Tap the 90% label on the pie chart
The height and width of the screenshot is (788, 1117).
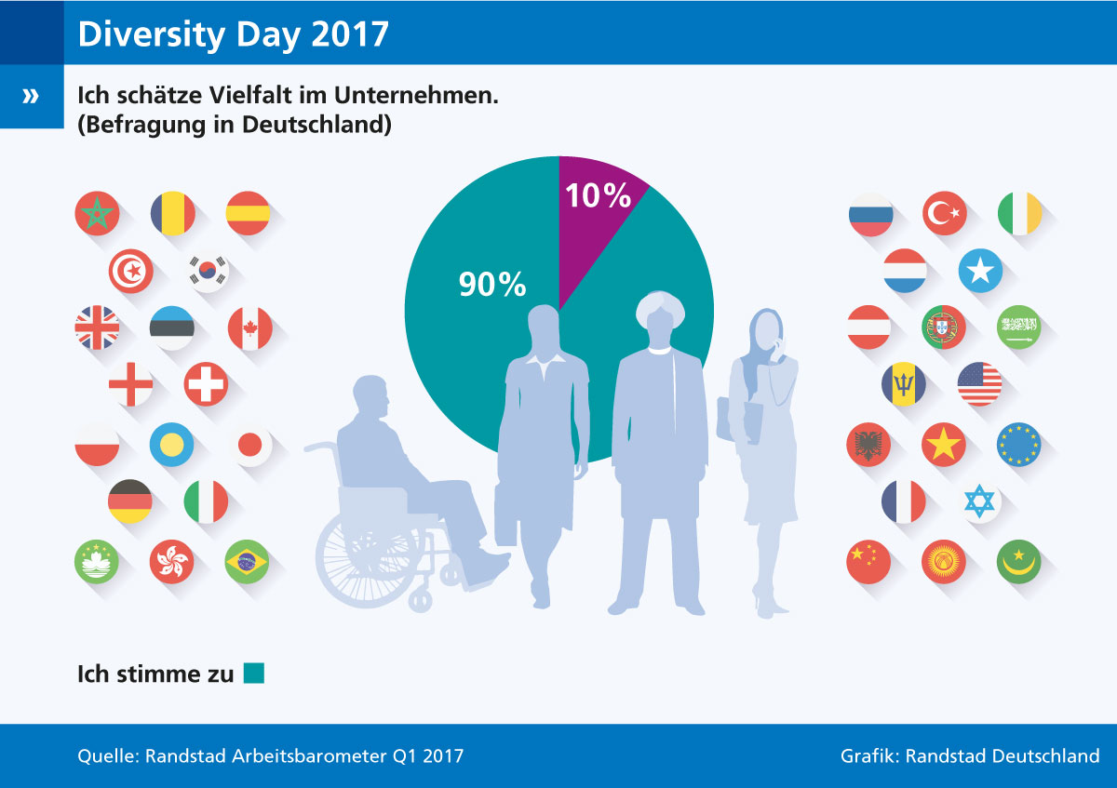[x=492, y=285]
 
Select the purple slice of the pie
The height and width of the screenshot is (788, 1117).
[x=596, y=223]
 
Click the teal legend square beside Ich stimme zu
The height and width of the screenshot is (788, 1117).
[x=254, y=673]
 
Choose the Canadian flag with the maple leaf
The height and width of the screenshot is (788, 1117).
[x=249, y=328]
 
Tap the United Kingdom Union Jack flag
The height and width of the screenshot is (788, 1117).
[x=97, y=328]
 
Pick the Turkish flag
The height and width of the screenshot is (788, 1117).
[x=944, y=213]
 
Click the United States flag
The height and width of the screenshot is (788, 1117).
[x=979, y=384]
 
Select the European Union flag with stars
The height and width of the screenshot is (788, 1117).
[x=1018, y=445]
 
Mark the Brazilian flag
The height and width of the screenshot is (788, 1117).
[x=247, y=561]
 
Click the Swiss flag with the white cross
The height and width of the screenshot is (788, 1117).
[x=206, y=384]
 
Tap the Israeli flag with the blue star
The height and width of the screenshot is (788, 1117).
[x=979, y=502]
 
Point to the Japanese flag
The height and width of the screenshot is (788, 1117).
[x=249, y=446]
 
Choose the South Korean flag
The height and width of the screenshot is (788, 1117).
[x=206, y=271]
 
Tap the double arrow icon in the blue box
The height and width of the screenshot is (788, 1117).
[x=32, y=96]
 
